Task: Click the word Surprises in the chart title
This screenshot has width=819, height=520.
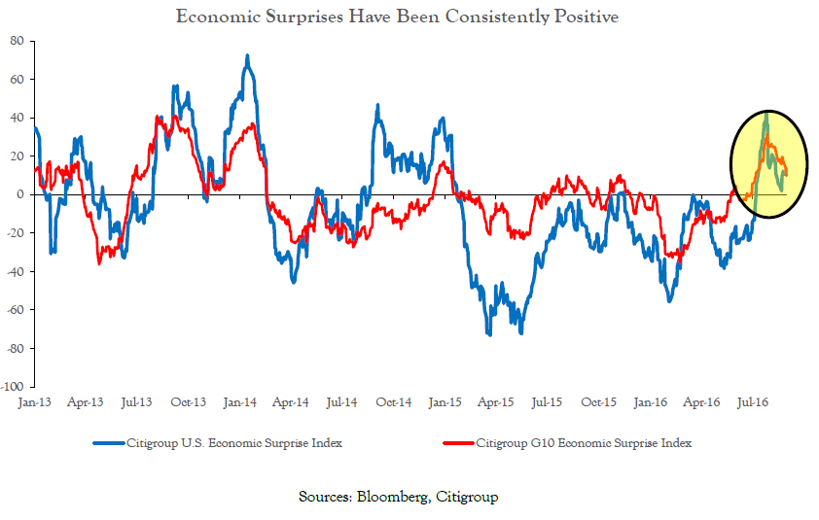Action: (x=304, y=17)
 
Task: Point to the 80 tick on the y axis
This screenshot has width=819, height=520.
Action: (x=18, y=41)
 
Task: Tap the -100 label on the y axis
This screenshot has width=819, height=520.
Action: (x=13, y=387)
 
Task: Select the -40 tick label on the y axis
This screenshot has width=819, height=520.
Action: (x=16, y=271)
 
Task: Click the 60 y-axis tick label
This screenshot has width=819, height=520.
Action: (x=18, y=80)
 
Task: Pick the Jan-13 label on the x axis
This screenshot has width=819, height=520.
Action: (x=34, y=402)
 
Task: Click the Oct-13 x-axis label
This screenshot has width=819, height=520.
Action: (x=189, y=402)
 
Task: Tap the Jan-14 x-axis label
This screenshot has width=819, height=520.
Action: (x=239, y=402)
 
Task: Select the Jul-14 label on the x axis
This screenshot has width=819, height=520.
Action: (x=342, y=402)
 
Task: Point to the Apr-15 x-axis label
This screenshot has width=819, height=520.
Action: (x=496, y=402)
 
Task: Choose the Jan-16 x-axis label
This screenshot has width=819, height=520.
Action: (x=651, y=402)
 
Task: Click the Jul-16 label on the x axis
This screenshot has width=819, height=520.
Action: (x=753, y=402)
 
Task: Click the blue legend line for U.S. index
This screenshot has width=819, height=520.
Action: (x=109, y=443)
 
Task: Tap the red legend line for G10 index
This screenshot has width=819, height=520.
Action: (x=458, y=443)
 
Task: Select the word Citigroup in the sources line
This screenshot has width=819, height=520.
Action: (x=467, y=497)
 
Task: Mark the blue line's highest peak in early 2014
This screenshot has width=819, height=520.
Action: (x=247, y=55)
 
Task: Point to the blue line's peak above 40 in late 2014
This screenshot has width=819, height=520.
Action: (x=377, y=106)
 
